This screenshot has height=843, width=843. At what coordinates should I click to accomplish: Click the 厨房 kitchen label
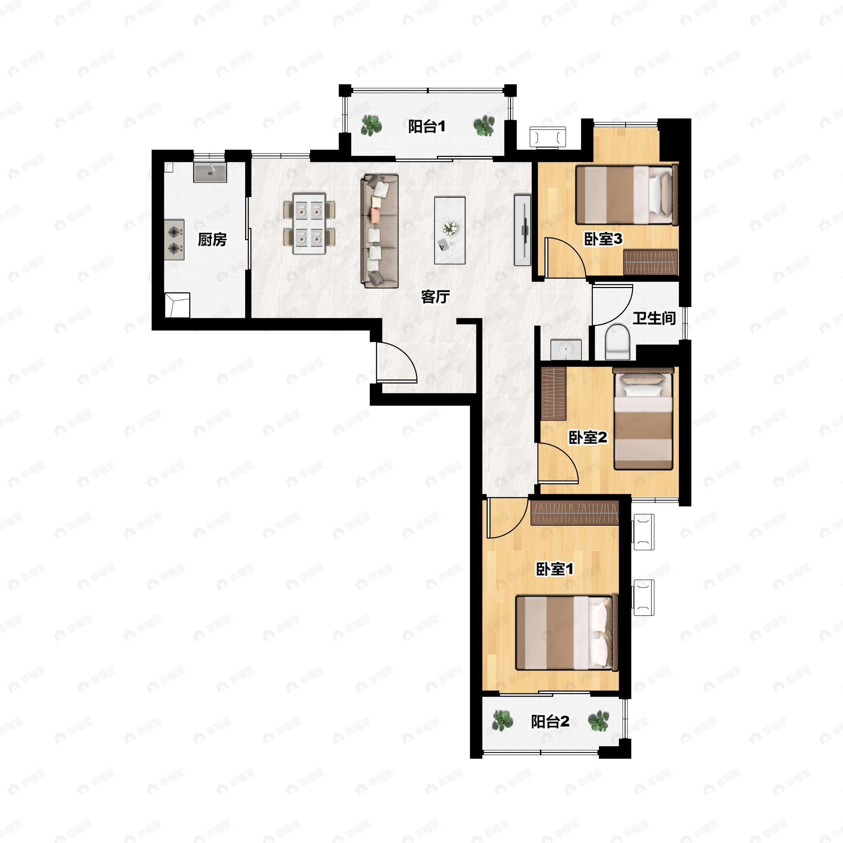coord(212,240)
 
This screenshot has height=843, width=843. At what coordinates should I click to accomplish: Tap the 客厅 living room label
coord(435,297)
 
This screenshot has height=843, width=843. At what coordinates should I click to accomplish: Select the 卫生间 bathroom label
coord(654,318)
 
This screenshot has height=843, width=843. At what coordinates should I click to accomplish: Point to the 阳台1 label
coord(426,126)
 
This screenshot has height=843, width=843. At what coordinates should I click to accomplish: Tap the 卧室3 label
coord(603,239)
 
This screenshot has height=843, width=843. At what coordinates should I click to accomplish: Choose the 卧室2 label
coord(588,437)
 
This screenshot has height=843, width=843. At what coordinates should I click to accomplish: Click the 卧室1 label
coord(555,569)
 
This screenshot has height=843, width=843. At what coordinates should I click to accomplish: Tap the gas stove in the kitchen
coord(175,240)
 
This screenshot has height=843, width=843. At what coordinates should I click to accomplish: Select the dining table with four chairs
coord(309,224)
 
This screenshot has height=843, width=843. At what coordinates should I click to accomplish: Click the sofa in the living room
coord(380,231)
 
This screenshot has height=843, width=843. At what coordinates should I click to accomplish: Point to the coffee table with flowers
coord(450,230)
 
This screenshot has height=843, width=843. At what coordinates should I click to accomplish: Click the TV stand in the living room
coord(522,230)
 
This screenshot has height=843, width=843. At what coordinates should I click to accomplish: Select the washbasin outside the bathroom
coord(566,349)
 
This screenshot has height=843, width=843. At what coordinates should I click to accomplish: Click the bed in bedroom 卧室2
coord(643,418)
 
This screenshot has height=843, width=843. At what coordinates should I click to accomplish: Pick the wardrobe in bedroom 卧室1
coord(575,513)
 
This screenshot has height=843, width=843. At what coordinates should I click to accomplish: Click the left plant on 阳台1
coord(371,126)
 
